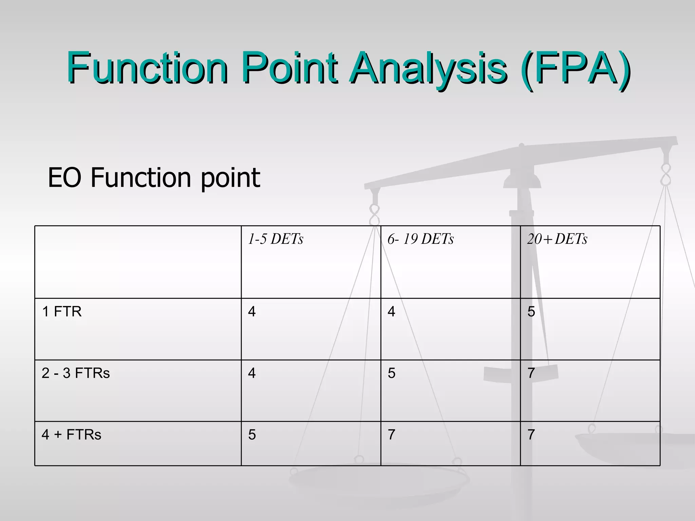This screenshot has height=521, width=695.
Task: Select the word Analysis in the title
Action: (x=428, y=68)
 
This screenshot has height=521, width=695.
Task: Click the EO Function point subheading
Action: (x=154, y=177)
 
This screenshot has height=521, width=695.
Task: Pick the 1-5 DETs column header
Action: (x=275, y=239)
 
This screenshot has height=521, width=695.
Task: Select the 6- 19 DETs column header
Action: (x=420, y=239)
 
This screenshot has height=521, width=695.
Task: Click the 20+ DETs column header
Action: (x=557, y=239)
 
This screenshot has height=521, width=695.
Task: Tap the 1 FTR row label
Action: (x=61, y=311)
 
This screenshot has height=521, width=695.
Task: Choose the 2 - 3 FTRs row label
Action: (x=76, y=373)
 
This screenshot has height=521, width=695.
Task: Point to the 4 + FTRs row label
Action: (x=71, y=435)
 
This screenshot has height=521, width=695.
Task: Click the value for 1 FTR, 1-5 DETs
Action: (x=252, y=311)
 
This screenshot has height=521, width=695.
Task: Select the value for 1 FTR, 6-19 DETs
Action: (x=391, y=311)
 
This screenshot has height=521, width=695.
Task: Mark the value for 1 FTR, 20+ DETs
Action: (x=531, y=311)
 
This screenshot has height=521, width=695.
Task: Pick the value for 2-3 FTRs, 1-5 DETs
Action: (x=252, y=373)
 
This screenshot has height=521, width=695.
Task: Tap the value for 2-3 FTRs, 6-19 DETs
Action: (x=391, y=373)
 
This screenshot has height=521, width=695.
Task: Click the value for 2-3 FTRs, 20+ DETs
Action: (x=531, y=373)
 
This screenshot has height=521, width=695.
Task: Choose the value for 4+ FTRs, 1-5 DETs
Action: (x=252, y=435)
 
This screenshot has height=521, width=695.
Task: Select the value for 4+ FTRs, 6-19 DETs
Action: (x=391, y=435)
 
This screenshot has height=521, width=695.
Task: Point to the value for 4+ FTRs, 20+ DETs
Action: (x=531, y=435)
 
